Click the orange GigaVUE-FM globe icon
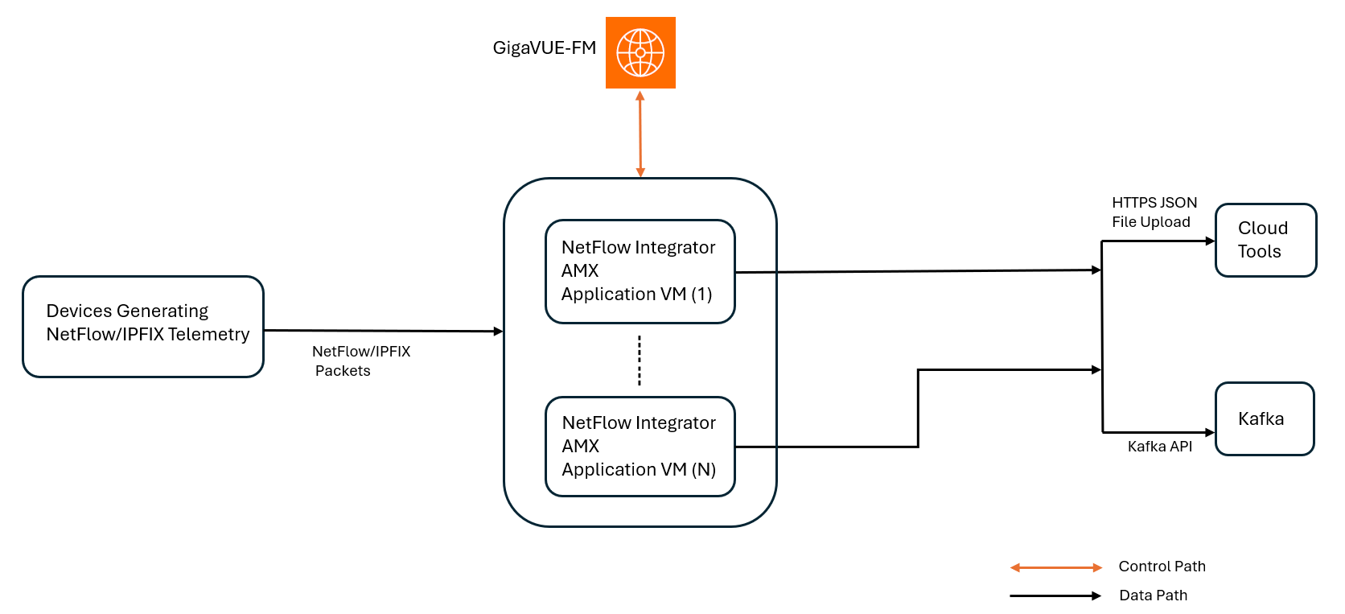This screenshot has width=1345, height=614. click(x=640, y=52)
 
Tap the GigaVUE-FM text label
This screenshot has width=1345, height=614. click(x=544, y=48)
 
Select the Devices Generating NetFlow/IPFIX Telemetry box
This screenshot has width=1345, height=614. click(x=143, y=326)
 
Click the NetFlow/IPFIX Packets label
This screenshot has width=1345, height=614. click(x=360, y=361)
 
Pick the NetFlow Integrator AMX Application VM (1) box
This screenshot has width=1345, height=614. click(x=640, y=271)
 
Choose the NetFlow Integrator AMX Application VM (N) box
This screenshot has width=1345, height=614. click(x=640, y=446)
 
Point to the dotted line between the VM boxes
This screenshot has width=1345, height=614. click(x=640, y=360)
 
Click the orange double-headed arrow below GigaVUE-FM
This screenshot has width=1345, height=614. click(x=640, y=134)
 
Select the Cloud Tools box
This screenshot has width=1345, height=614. click(x=1265, y=240)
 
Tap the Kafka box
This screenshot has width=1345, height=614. click(x=1264, y=418)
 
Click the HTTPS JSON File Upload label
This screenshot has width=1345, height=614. click(x=1154, y=212)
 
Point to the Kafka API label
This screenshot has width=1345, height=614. click(x=1159, y=447)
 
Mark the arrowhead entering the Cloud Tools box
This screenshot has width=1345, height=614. click(x=1210, y=241)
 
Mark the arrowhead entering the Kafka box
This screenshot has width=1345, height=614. click(x=1210, y=432)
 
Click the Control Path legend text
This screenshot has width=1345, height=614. click(x=1162, y=567)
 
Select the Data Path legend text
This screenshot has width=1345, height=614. click(x=1153, y=595)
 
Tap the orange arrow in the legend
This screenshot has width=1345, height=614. click(x=1055, y=567)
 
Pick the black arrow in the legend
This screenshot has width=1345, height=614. click(x=1055, y=595)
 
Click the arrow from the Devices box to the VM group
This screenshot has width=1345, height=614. click(x=383, y=331)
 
